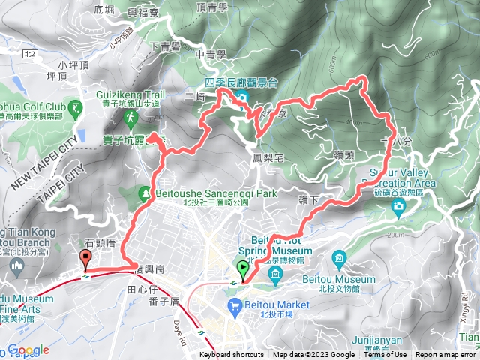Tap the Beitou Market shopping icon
235,304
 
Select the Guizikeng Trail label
130,95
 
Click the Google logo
28,350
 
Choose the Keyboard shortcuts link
232,355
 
